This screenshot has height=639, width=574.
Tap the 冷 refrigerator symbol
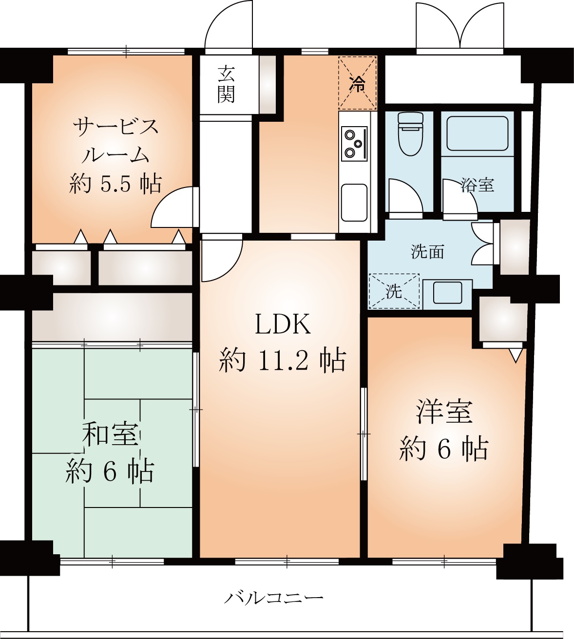point(358,83)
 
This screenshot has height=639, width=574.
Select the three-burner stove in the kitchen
point(354,143)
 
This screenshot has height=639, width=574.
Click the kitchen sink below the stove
point(354,202)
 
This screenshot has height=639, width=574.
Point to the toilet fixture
point(410,133)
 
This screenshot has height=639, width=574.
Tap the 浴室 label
point(478,185)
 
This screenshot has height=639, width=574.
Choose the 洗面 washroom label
point(427,251)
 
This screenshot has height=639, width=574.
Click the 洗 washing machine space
point(394,291)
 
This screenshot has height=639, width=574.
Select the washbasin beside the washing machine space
point(447,292)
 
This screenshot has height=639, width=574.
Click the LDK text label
point(283,324)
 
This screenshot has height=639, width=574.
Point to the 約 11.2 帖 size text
point(283,361)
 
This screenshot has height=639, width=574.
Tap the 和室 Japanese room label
point(111,434)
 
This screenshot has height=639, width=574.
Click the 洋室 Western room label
point(444,412)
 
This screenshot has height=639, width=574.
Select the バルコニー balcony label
point(273,597)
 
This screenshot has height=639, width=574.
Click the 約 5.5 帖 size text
point(115,184)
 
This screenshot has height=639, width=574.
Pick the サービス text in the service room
point(116,127)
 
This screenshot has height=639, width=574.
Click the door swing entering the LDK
point(220,258)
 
